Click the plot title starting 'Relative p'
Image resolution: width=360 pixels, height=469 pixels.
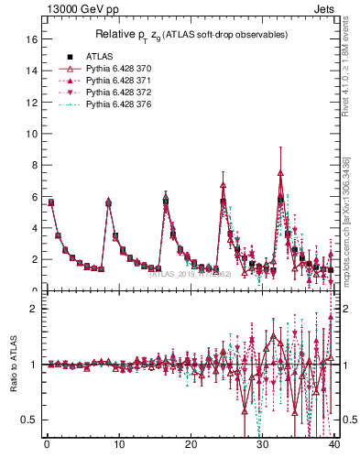[x=191, y=35]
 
